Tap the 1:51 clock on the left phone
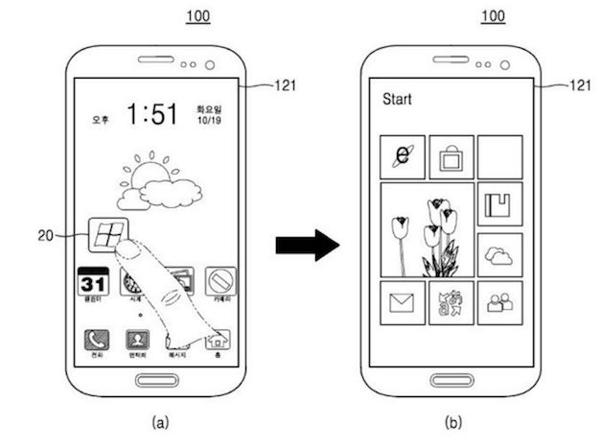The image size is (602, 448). tap(153, 115)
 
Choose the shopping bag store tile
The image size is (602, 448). tap(450, 157)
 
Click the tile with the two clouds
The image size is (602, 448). tap(498, 254)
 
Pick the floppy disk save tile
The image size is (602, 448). tap(498, 205)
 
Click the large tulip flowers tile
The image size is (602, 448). tap(426, 230)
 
